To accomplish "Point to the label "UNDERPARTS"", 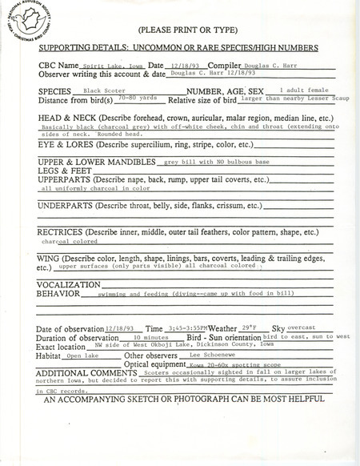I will (68, 205).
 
